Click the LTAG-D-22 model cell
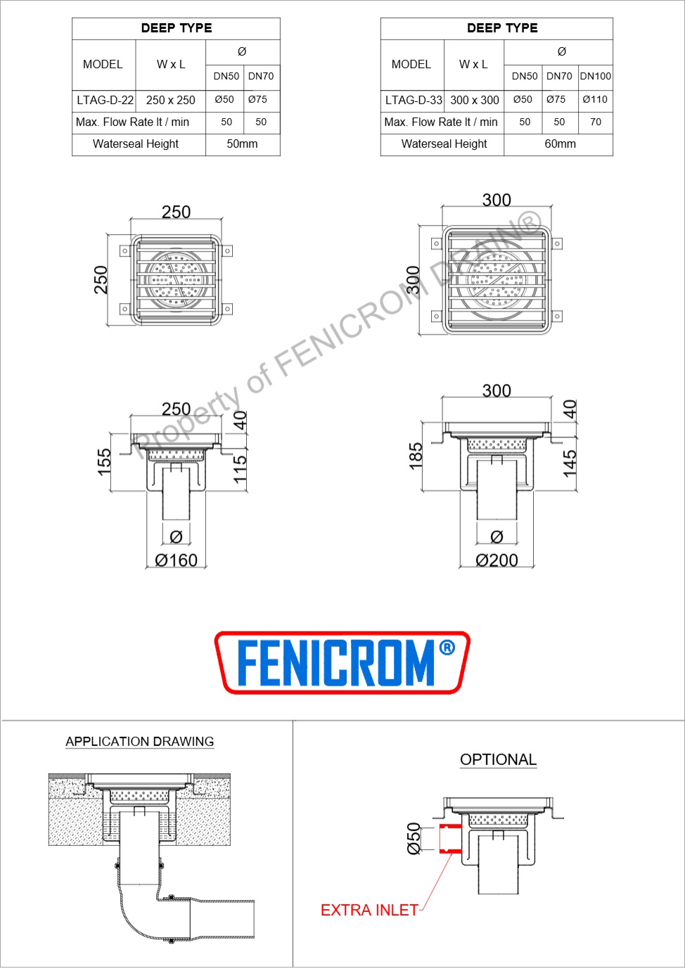click(x=105, y=101)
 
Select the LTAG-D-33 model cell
click(x=414, y=101)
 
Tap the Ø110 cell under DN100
click(x=595, y=99)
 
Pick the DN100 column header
click(x=595, y=76)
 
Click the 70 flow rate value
click(x=596, y=122)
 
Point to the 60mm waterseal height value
click(x=560, y=143)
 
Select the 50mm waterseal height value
click(x=242, y=143)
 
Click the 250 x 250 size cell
click(x=170, y=101)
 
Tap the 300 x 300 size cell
click(x=475, y=101)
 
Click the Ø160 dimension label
click(x=176, y=560)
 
